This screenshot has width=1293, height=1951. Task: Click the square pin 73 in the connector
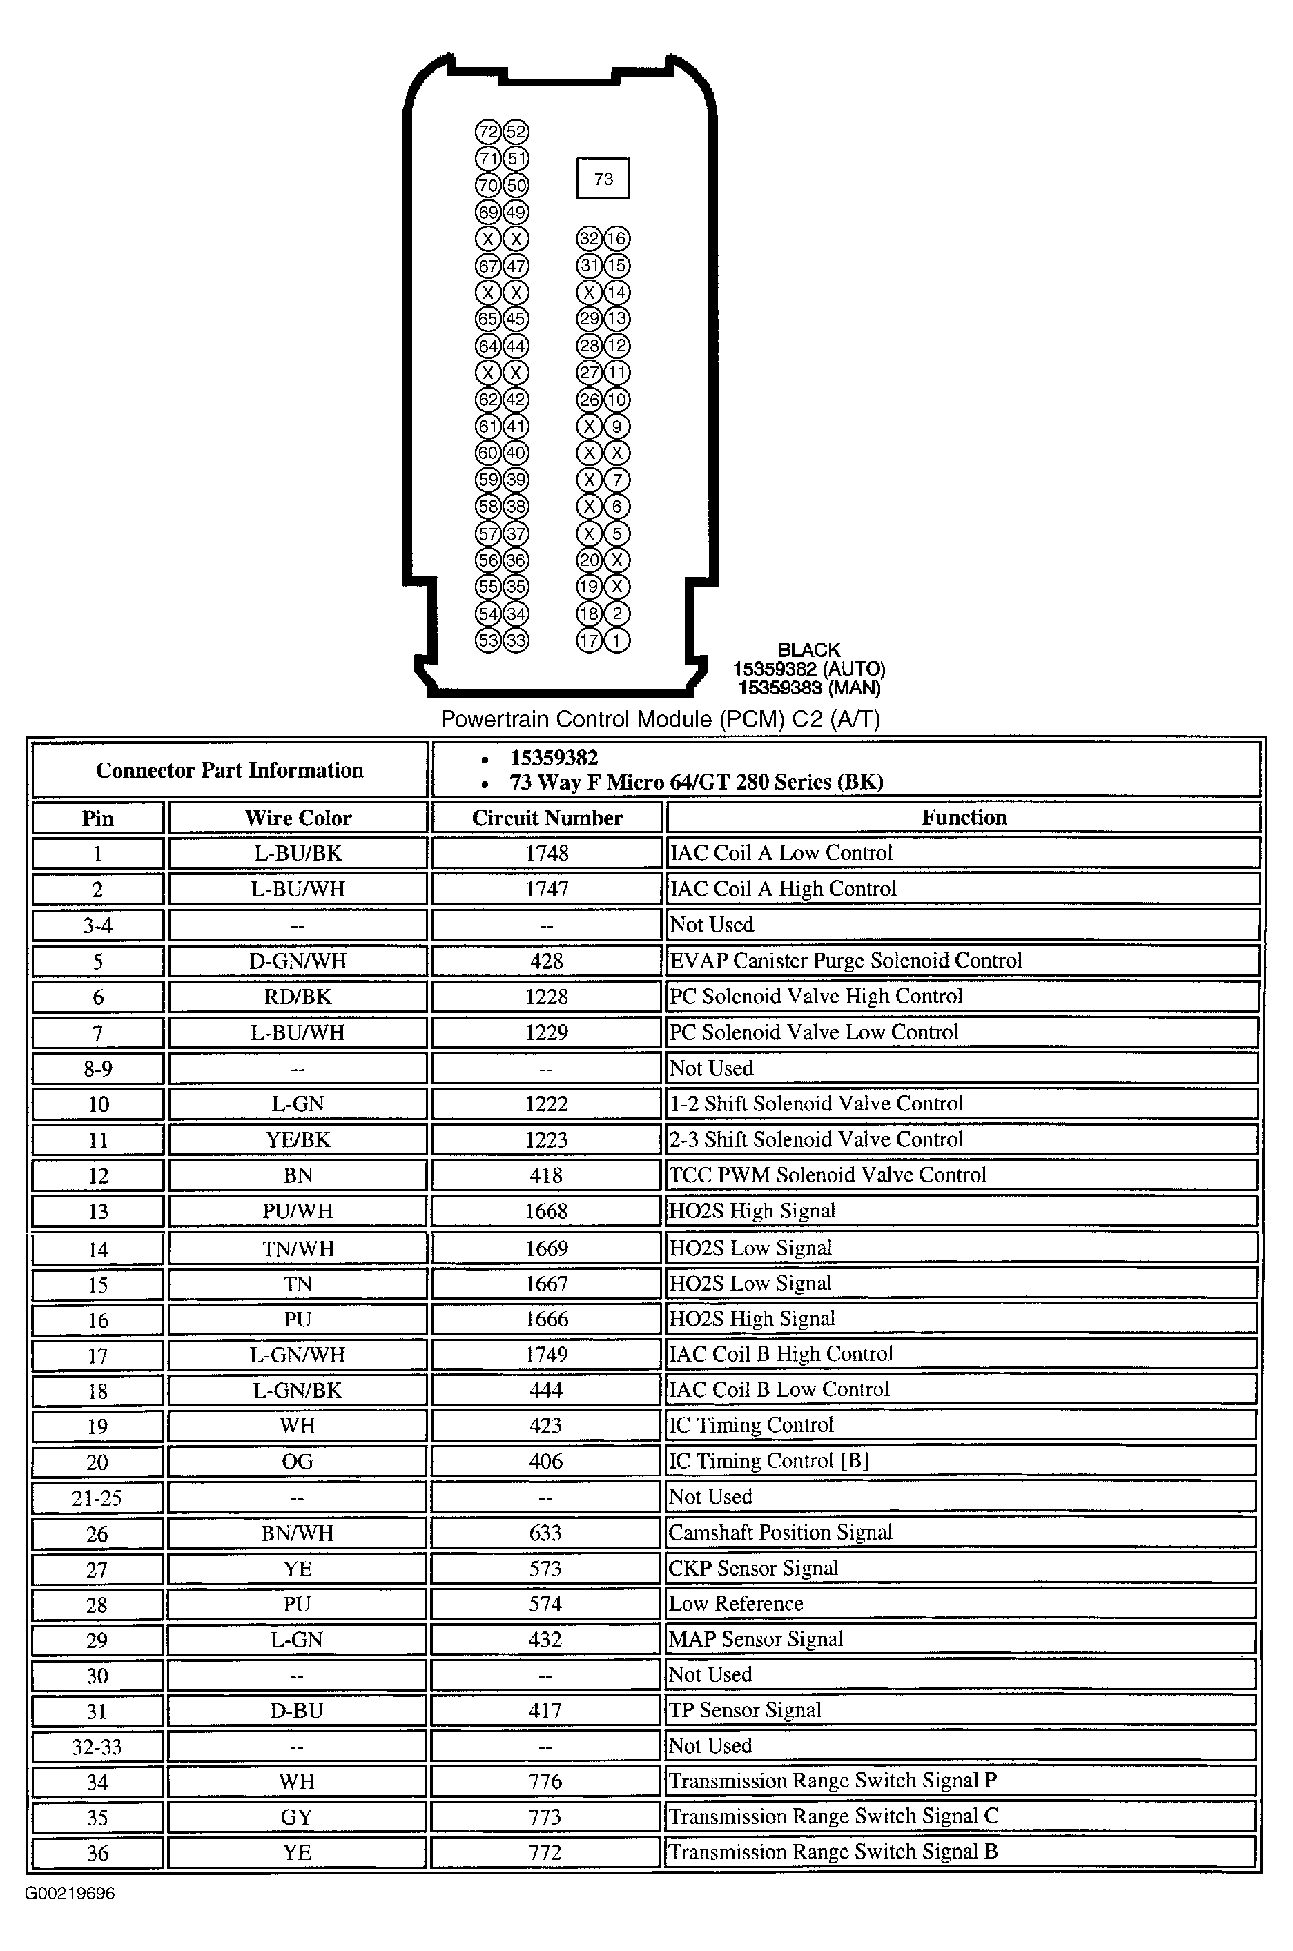(603, 179)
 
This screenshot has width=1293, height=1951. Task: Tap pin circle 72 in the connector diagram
(488, 132)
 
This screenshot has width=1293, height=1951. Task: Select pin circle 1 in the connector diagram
(616, 640)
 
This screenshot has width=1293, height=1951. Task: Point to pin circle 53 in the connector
(488, 640)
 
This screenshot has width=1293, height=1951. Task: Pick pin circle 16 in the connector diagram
(616, 239)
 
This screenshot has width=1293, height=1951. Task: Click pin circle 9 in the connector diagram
(616, 426)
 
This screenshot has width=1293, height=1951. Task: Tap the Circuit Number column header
(547, 818)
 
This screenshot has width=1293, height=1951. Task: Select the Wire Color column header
(298, 818)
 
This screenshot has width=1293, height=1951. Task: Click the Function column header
(963, 817)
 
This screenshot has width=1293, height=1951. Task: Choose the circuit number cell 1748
(547, 853)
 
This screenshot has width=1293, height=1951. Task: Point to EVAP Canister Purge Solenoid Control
(845, 960)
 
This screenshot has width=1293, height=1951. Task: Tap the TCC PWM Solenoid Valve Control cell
(827, 1175)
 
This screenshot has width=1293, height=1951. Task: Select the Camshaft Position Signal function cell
(780, 1532)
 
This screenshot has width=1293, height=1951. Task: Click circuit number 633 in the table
(545, 1533)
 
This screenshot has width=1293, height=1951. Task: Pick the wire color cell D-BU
(296, 1710)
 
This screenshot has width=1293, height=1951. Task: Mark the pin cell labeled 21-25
(97, 1498)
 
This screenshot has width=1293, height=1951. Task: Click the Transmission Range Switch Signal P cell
(832, 1781)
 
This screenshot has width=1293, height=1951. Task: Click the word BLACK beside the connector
(809, 650)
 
